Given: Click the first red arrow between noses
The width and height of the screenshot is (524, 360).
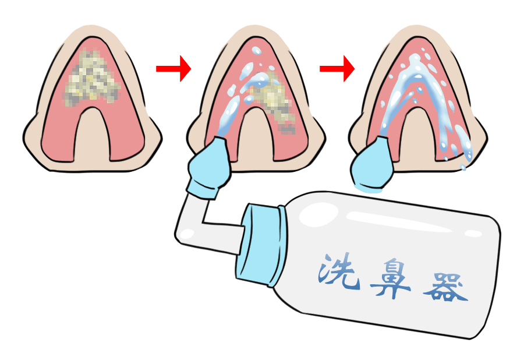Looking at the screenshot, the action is point(174,69).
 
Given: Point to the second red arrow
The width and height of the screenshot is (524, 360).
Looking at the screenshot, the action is point(337,69).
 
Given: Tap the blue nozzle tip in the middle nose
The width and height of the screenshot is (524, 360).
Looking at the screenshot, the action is point(210,167).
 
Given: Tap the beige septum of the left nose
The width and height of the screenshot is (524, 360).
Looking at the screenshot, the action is point(93,137).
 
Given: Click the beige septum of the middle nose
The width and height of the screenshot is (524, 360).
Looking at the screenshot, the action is point(256,137).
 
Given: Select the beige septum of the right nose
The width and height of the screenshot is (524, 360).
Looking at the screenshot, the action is point(419,137).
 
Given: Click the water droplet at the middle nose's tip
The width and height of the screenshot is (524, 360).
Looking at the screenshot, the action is point(256,51).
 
